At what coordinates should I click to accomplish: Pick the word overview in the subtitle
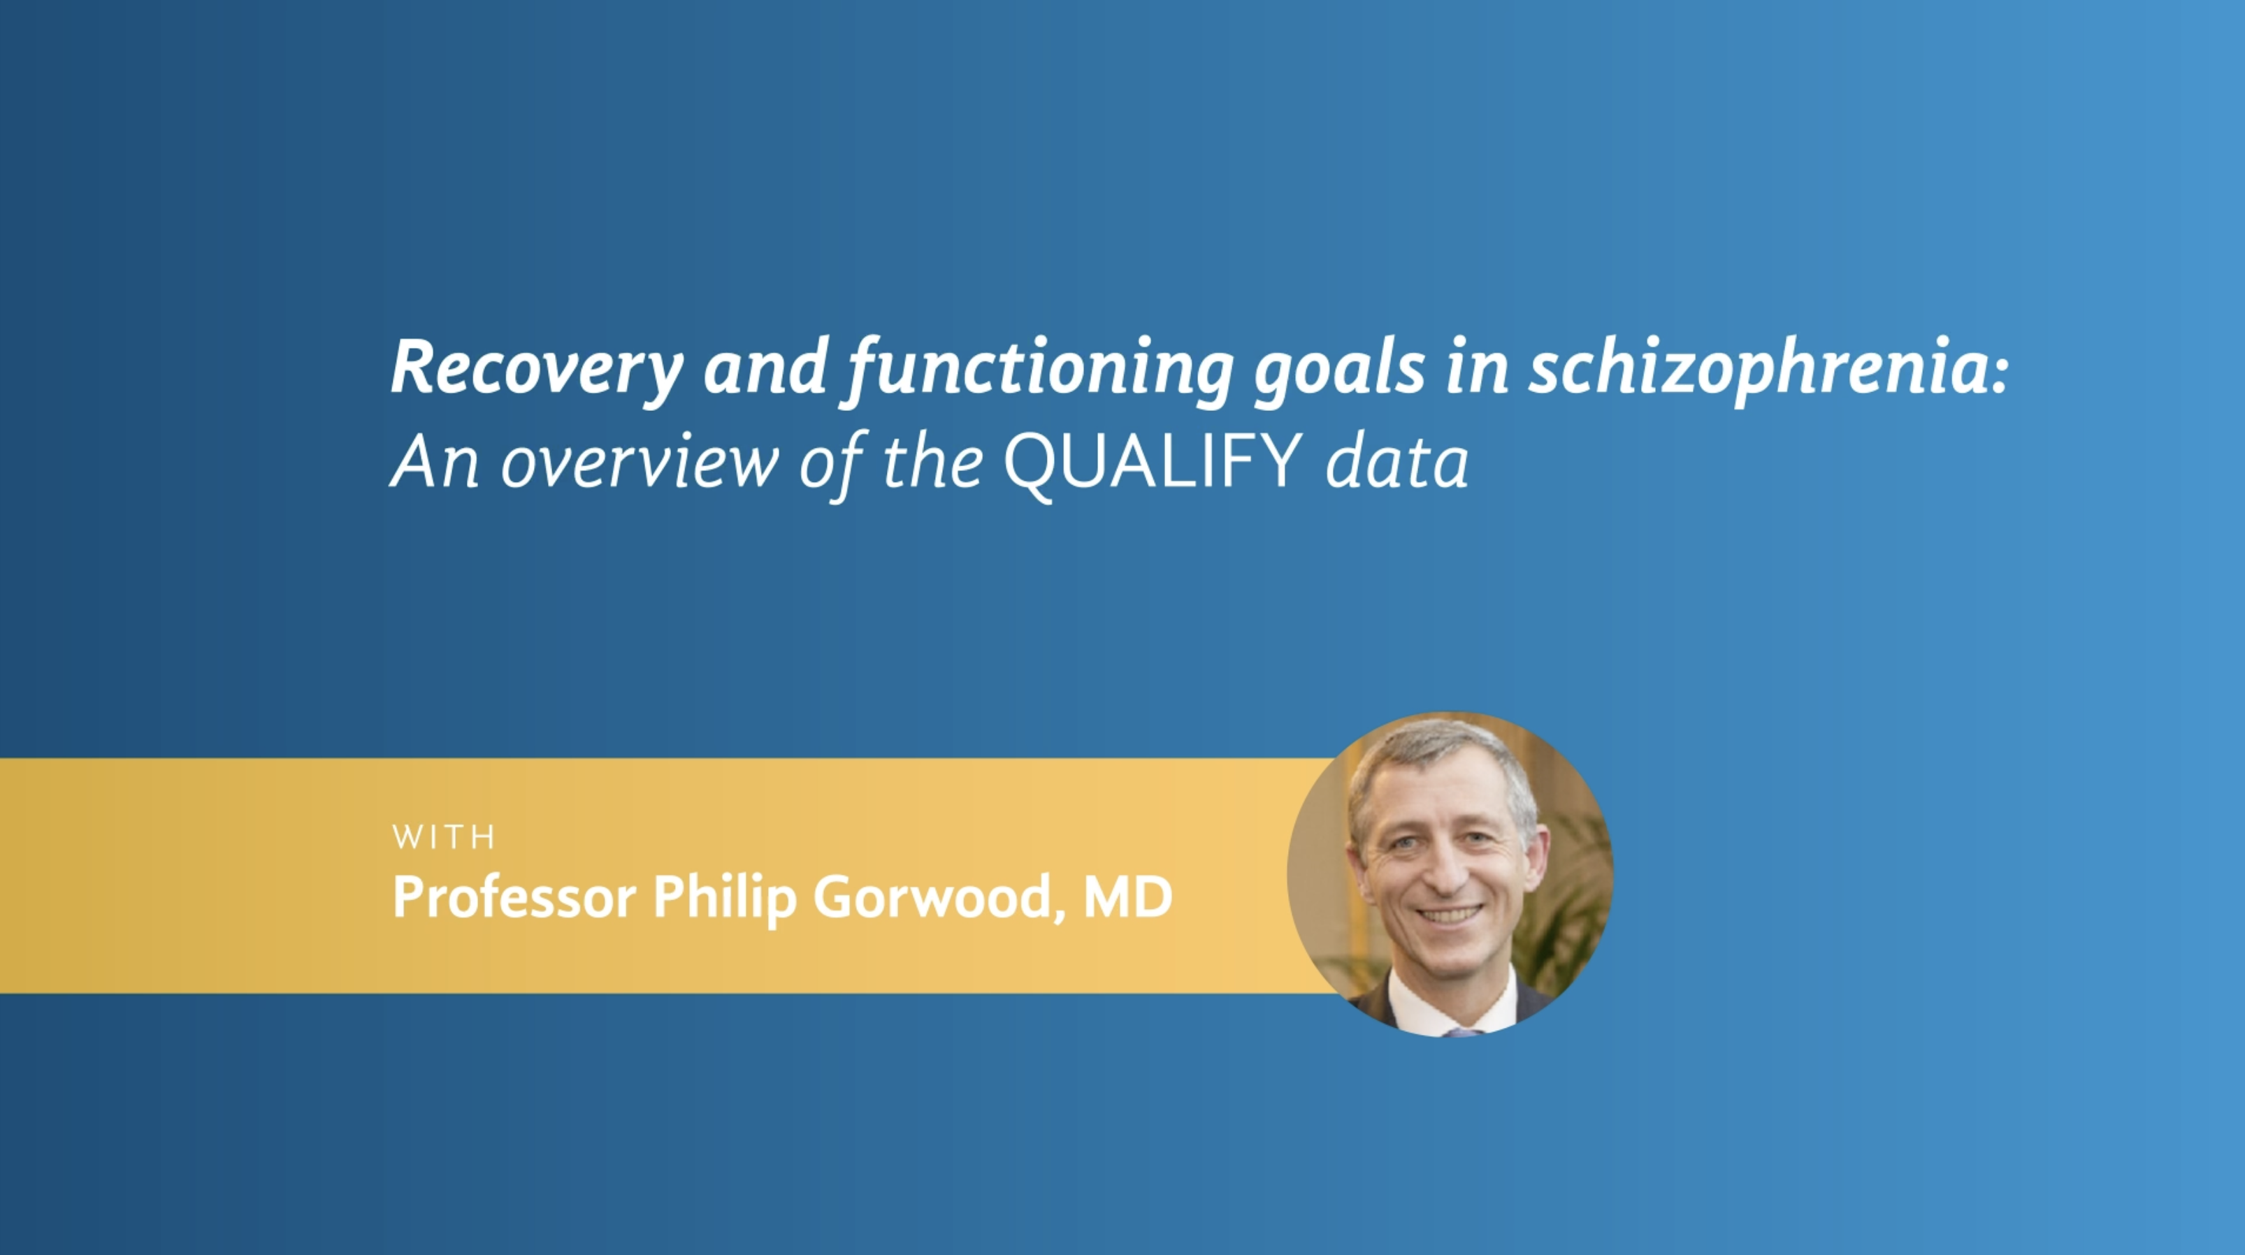[640, 463]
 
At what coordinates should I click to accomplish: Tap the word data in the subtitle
[1397, 463]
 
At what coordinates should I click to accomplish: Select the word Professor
[514, 897]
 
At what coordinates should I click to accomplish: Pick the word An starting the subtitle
[435, 463]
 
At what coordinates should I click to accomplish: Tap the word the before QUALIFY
[932, 463]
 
